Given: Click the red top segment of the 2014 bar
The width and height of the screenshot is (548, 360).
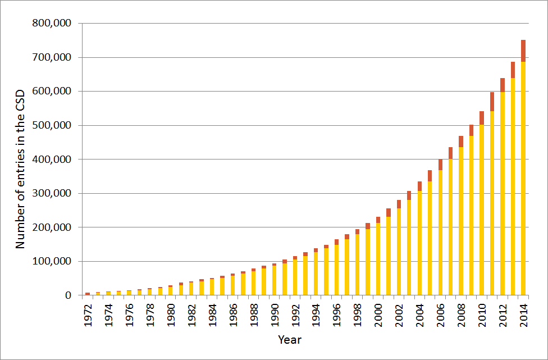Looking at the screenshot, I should tap(523, 51).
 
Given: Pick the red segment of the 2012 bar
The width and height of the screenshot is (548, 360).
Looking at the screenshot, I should tap(503, 85).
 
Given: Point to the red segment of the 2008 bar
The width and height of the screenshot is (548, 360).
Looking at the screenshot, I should tap(461, 142).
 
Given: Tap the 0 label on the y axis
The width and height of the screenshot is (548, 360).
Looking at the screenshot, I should tap(68, 295).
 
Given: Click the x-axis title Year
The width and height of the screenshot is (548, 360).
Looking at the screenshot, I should tap(290, 340).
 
